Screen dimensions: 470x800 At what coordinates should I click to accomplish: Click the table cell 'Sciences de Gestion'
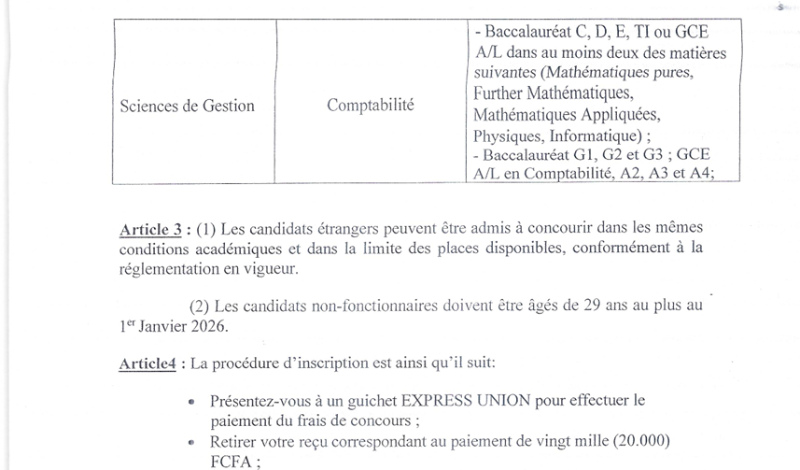187,106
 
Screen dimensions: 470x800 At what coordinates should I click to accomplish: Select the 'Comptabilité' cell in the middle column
371,105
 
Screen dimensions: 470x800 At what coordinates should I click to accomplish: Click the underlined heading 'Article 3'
149,229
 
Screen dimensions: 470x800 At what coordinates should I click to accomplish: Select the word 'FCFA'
232,461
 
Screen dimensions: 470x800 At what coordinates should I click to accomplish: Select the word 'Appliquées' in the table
620,114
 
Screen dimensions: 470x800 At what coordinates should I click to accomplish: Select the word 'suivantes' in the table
505,73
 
